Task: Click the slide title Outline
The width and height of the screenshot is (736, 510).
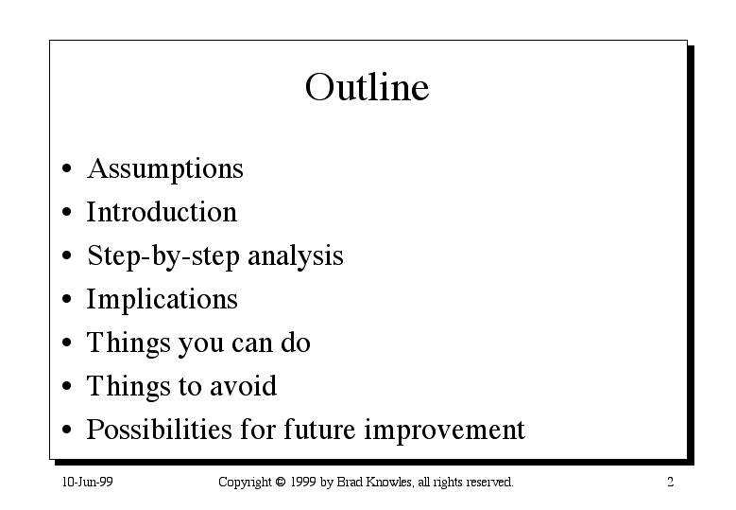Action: coord(368,87)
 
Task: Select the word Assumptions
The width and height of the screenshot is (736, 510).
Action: coord(165,169)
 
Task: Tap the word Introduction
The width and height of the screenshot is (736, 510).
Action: coord(162,212)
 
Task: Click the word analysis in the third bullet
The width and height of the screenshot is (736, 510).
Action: coord(295,257)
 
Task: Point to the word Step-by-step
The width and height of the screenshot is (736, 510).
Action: coord(163,257)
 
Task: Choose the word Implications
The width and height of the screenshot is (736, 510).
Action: coord(163,300)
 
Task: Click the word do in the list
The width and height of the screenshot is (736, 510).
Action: coord(296,343)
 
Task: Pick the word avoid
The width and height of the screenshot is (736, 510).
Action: coord(243,386)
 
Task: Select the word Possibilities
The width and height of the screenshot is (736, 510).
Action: coord(160,430)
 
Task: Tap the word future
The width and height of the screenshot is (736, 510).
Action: coord(319,430)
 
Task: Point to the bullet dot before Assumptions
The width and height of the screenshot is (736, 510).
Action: coord(67,168)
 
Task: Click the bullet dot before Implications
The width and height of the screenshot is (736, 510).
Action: coord(67,299)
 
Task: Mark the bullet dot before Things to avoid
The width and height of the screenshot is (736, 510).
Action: coord(67,386)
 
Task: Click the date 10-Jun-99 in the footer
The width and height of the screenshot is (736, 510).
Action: coord(87,483)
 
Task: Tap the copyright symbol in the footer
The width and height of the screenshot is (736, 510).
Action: coord(281,482)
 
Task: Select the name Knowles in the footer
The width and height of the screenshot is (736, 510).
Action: coord(389,483)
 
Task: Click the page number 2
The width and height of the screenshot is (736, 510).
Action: coord(670,483)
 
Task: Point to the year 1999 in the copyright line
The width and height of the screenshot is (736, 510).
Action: coord(302,483)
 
